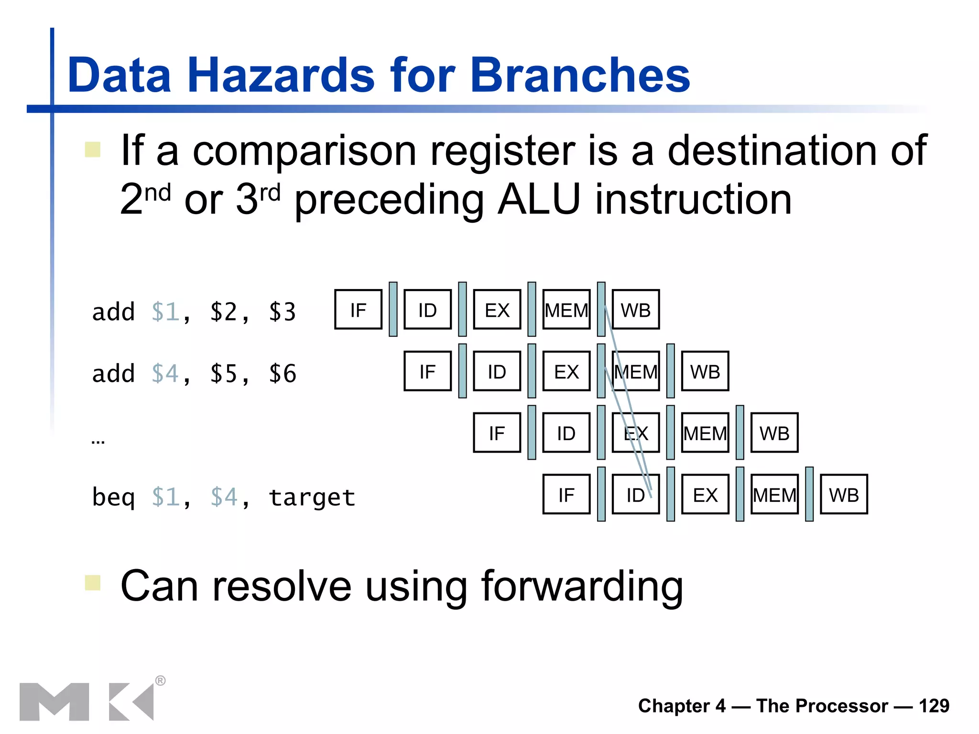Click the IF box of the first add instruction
pyautogui.click(x=358, y=310)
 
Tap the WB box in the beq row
pyautogui.click(x=844, y=495)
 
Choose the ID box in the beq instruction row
pyautogui.click(x=635, y=495)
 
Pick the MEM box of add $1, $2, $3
pyautogui.click(x=566, y=310)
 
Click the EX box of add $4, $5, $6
pyautogui.click(x=566, y=371)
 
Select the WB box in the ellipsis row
pyautogui.click(x=774, y=433)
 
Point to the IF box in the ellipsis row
pyautogui.click(x=497, y=433)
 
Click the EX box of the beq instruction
pyautogui.click(x=705, y=495)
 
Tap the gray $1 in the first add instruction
pyautogui.click(x=165, y=312)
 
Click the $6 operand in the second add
pyautogui.click(x=283, y=374)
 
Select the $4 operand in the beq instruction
pyautogui.click(x=224, y=497)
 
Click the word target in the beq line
pyautogui.click(x=312, y=497)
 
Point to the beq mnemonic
pyautogui.click(x=113, y=497)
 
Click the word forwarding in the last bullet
pyautogui.click(x=582, y=586)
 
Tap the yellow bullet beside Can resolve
pyautogui.click(x=92, y=583)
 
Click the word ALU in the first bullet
pyautogui.click(x=539, y=199)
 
